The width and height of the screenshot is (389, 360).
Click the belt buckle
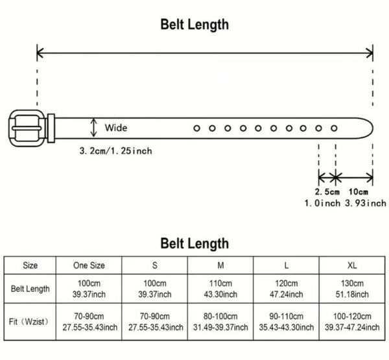[x=27, y=128]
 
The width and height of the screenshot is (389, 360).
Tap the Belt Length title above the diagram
[x=194, y=25]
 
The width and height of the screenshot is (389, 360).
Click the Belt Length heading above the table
[x=194, y=243]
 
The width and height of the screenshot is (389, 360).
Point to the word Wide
[x=116, y=128]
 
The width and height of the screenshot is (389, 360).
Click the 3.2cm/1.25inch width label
[x=116, y=150]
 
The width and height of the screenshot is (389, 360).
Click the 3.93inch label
[x=364, y=204]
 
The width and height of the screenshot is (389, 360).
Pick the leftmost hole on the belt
[x=196, y=128]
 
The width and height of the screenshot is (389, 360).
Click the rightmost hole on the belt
[x=335, y=128]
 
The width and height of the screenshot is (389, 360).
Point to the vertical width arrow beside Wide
[x=95, y=127]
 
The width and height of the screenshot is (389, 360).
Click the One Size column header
[x=89, y=265]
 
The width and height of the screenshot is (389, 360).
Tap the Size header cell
[x=30, y=265]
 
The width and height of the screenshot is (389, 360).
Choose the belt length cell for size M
[x=220, y=289]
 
